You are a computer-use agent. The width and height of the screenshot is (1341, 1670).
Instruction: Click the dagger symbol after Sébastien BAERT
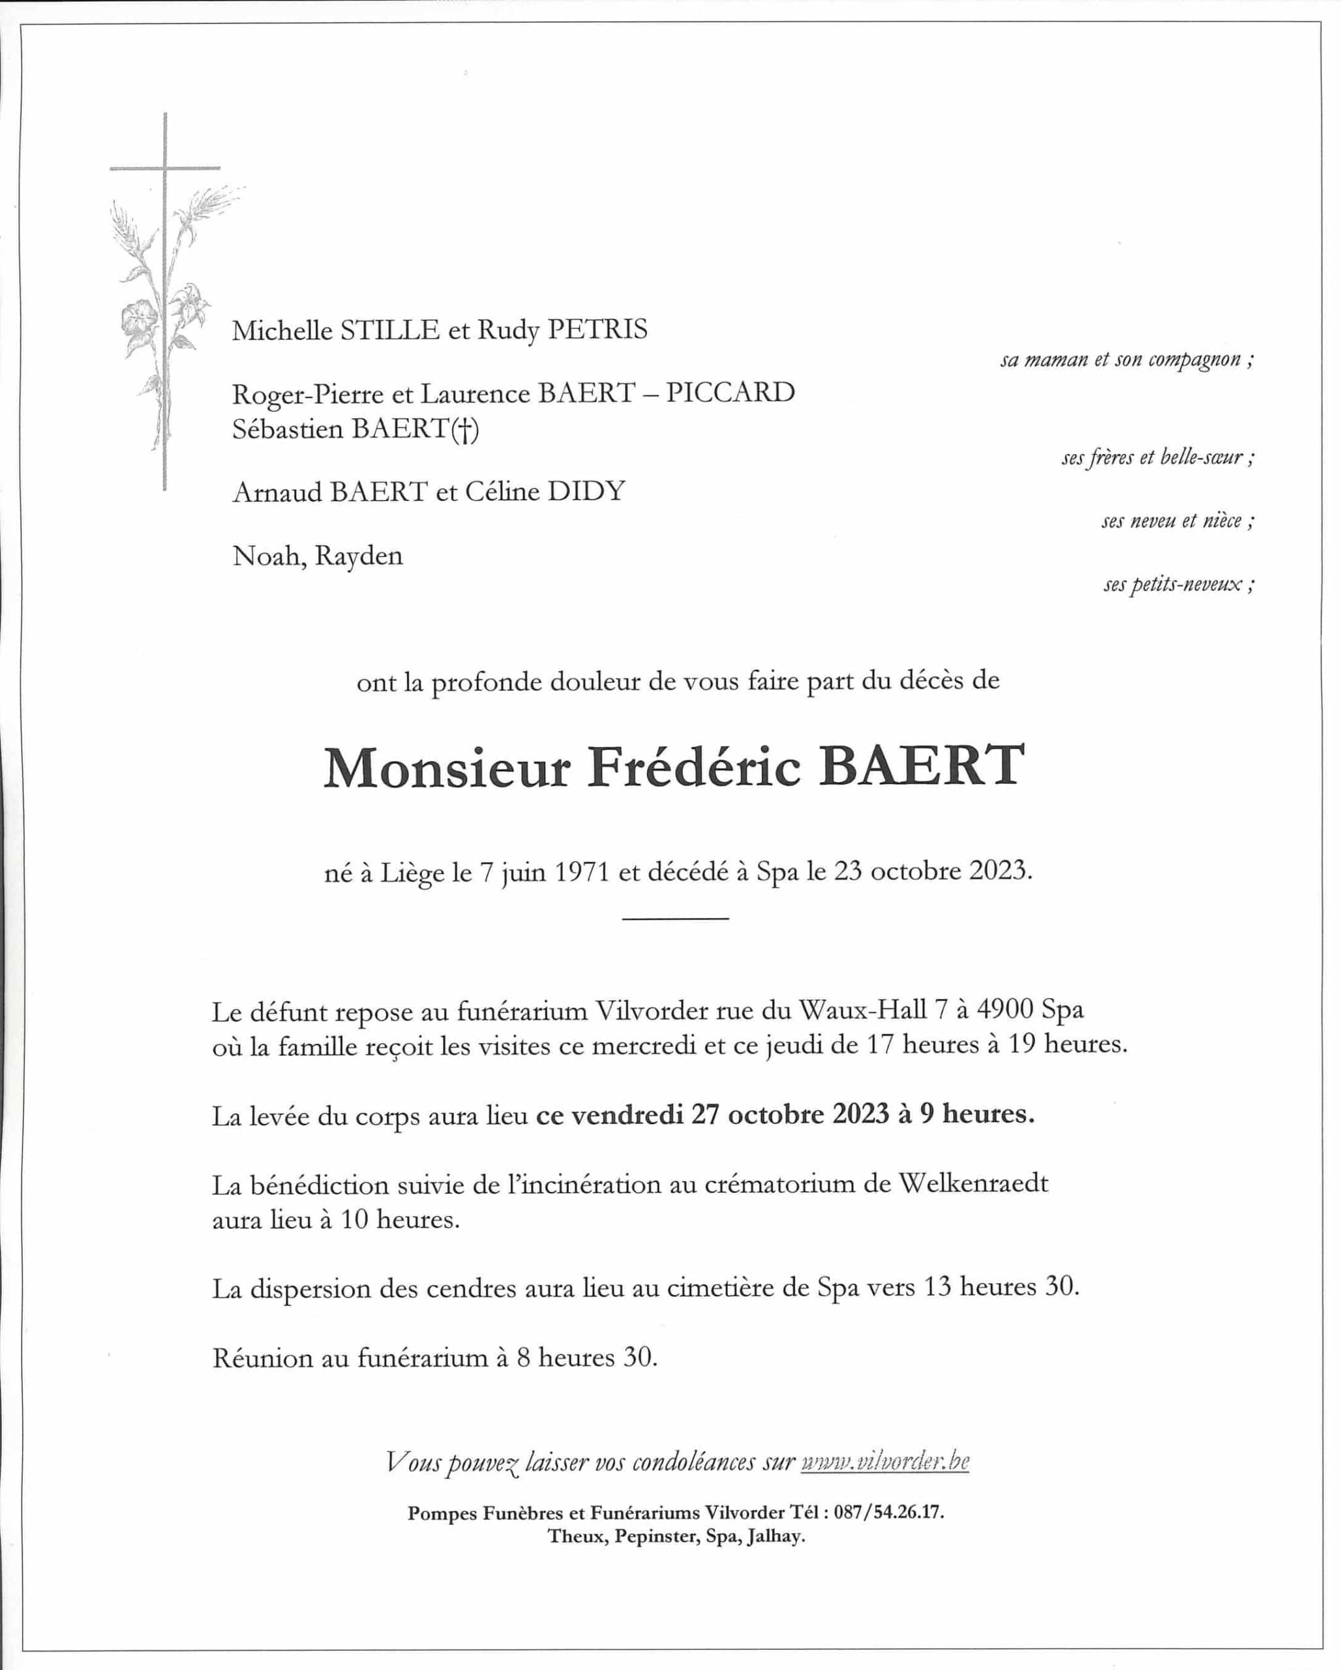pyautogui.click(x=464, y=429)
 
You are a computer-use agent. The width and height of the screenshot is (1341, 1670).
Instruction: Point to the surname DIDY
pyautogui.click(x=586, y=491)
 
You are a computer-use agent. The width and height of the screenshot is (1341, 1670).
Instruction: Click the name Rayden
pyautogui.click(x=359, y=556)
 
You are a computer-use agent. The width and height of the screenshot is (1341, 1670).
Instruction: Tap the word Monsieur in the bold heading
pyautogui.click(x=447, y=768)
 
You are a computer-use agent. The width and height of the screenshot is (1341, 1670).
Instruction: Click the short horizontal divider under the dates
pyautogui.click(x=674, y=918)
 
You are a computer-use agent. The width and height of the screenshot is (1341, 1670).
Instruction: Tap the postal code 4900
pyautogui.click(x=1004, y=1010)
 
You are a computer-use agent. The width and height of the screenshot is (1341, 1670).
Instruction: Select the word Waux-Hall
pyautogui.click(x=862, y=1010)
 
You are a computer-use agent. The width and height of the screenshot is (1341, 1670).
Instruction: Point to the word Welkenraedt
pyautogui.click(x=973, y=1183)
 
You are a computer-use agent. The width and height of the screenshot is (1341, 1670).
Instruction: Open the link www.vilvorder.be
pyautogui.click(x=885, y=1462)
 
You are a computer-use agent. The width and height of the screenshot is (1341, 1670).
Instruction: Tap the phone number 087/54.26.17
pyautogui.click(x=889, y=1512)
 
